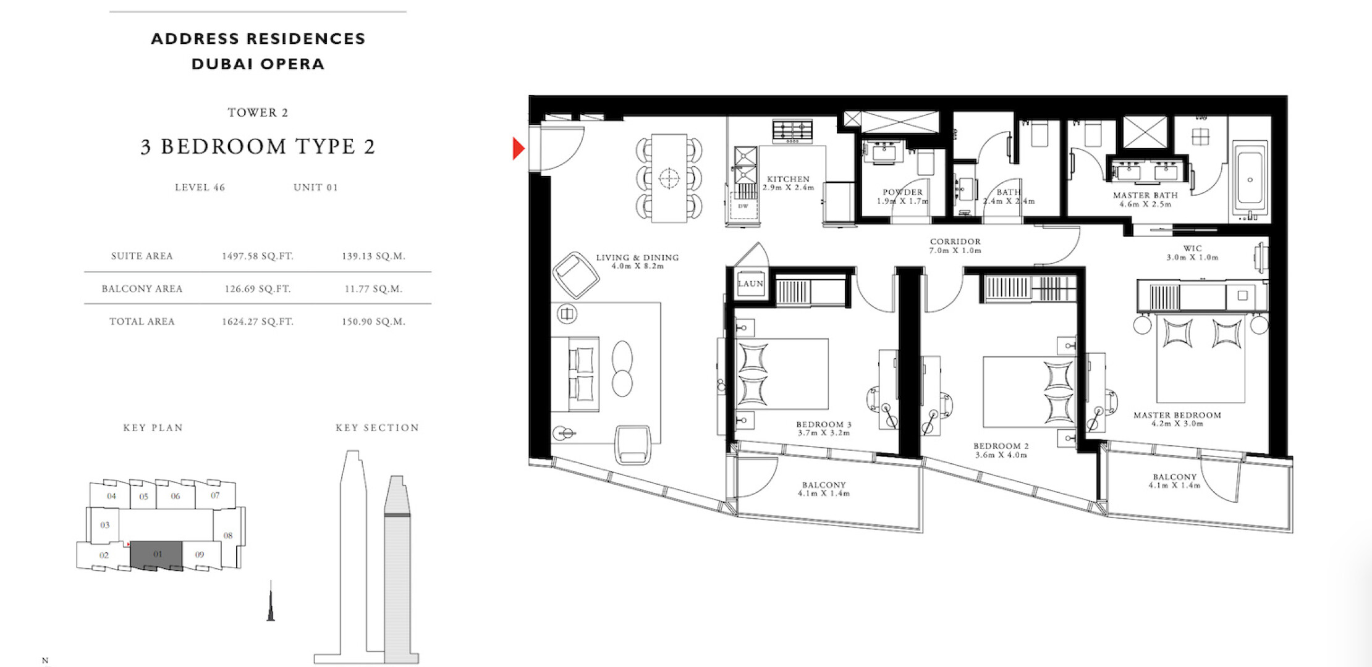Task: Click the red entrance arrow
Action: (519, 148)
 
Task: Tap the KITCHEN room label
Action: (788, 179)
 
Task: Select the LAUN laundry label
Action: (750, 283)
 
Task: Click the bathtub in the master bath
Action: (1250, 180)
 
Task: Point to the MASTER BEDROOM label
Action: (1177, 415)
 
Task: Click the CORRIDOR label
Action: (955, 241)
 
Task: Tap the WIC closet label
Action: (1192, 248)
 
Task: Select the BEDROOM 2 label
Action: (1001, 446)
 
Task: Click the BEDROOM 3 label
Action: (824, 424)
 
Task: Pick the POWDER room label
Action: (902, 192)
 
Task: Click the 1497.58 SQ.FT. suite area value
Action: (258, 256)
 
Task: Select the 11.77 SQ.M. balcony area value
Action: (373, 288)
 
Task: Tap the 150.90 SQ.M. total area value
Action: (373, 321)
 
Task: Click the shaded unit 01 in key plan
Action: (157, 555)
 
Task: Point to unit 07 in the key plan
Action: (215, 495)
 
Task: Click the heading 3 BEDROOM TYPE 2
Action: (258, 146)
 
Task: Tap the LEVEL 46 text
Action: (200, 187)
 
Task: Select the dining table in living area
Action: (669, 178)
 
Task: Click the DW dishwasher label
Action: (743, 206)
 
